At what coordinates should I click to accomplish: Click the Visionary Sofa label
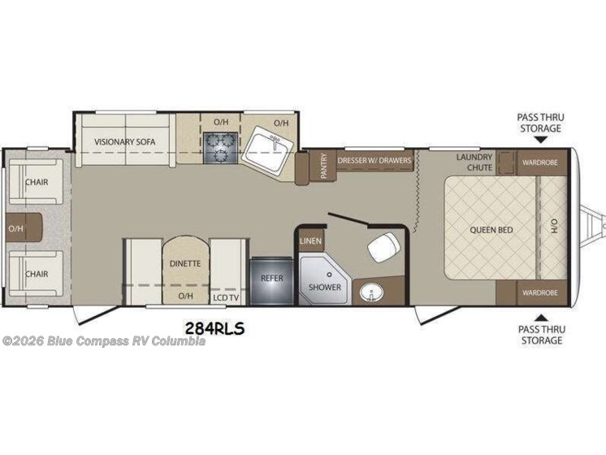click(x=124, y=142)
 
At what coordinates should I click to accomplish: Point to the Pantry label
click(x=323, y=166)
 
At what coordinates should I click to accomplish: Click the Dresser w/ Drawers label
click(x=374, y=160)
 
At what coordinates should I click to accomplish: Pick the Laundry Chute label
click(x=474, y=162)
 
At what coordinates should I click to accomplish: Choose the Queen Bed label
click(x=491, y=230)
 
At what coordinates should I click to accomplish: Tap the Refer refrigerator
click(x=271, y=280)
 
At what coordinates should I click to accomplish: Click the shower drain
click(x=329, y=275)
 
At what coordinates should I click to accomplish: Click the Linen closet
click(x=311, y=240)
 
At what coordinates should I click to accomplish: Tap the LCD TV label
click(x=226, y=297)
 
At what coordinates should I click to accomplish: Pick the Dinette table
click(x=185, y=270)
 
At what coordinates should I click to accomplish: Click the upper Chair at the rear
click(x=36, y=182)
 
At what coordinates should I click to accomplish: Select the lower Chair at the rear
click(x=36, y=274)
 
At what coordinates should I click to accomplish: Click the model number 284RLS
click(x=214, y=328)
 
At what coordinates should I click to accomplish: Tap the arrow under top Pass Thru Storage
click(x=540, y=141)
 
